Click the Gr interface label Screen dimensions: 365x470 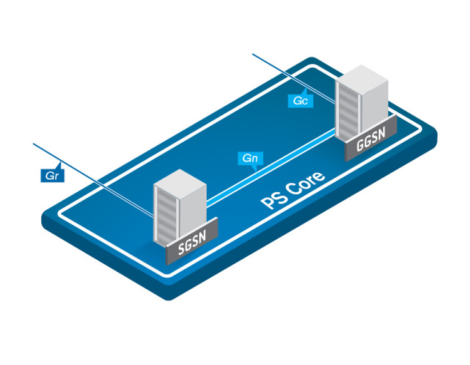(x=52, y=175)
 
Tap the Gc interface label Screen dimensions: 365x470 (x=299, y=100)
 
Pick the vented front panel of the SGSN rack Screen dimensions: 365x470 (x=165, y=216)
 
